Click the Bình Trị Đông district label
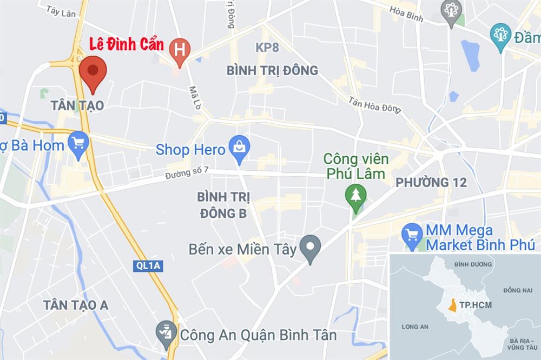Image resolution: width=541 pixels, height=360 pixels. (x=272, y=71)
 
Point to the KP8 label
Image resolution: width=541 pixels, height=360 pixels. (x=267, y=48)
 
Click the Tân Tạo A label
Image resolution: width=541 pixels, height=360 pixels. (x=76, y=305)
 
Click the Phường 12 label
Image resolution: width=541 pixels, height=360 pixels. (x=431, y=183)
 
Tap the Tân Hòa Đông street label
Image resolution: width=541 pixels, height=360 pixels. (x=374, y=105)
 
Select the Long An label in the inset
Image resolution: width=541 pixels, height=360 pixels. (x=415, y=326)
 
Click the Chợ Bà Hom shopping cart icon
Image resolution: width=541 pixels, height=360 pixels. (x=79, y=143)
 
